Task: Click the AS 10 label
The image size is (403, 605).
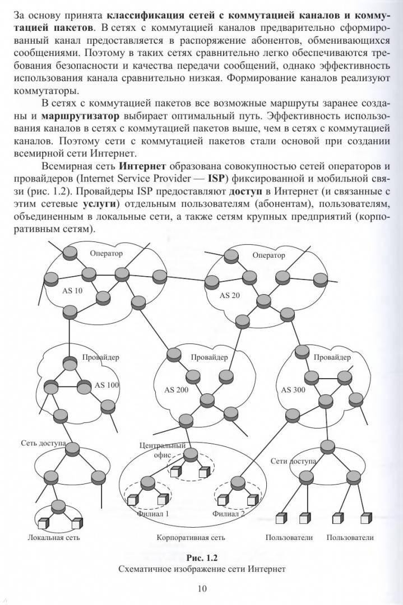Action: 71,291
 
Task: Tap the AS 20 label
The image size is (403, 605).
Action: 230,295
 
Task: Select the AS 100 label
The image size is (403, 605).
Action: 106,385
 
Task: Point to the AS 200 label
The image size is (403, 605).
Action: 177,389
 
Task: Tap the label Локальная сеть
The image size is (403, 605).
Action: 54,538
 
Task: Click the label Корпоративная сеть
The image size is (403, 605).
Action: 191,538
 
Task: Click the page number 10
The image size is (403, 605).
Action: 202,588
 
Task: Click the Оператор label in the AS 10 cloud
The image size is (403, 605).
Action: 106,254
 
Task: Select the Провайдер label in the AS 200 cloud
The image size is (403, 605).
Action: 209,357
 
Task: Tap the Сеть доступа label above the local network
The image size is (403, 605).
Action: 44,443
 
